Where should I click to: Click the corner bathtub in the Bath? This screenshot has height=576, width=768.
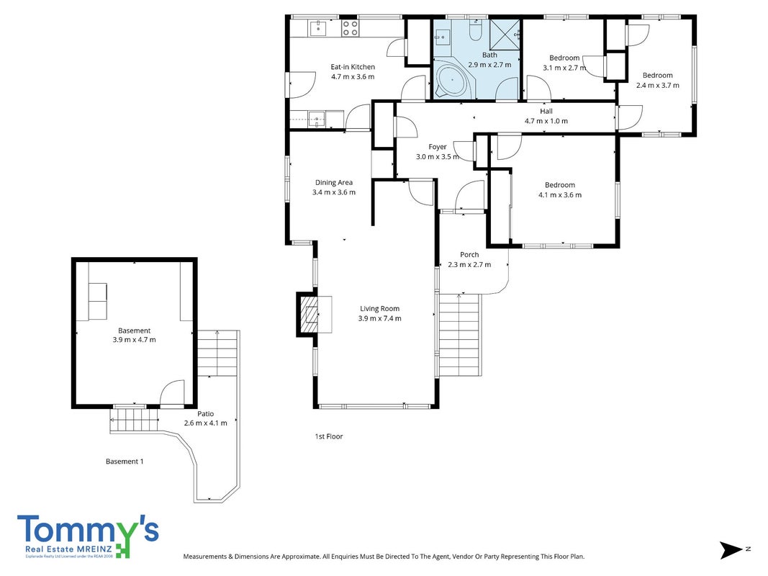453,79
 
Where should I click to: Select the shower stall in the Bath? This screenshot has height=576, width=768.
505,35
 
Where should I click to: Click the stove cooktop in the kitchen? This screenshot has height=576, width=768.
350,27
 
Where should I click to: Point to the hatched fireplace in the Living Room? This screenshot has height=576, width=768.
309,314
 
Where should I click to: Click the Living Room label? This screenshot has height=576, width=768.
379,309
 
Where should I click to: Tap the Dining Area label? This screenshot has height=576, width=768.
333,183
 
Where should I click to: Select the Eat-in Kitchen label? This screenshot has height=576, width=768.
353,67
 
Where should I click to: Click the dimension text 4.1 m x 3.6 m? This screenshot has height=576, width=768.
560,195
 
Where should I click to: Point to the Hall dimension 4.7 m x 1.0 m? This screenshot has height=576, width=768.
546,121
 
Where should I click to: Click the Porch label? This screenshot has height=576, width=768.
469,255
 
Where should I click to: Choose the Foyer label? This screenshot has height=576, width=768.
438,147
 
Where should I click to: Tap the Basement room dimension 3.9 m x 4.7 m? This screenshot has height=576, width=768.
134,340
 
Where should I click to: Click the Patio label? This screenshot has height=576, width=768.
206,414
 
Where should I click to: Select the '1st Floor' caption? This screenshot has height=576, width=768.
329,436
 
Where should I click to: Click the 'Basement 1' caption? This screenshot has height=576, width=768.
125,462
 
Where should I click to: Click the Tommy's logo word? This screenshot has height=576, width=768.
88,530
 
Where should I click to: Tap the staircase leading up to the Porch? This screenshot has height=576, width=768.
459,335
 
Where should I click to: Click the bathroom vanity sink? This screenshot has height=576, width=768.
443,36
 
